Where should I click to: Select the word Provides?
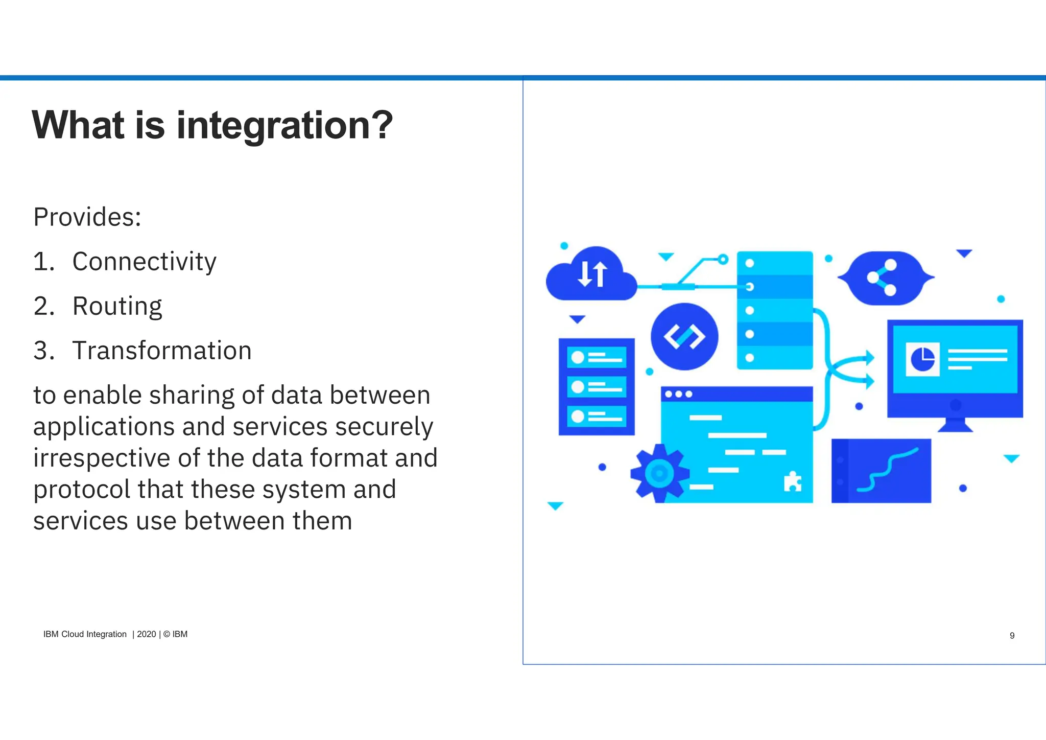pyautogui.click(x=86, y=217)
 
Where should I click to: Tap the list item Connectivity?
pyautogui.click(x=144, y=262)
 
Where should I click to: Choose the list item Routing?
pyautogui.click(x=117, y=306)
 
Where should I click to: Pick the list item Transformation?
pyautogui.click(x=162, y=351)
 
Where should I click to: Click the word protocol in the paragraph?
pyautogui.click(x=81, y=490)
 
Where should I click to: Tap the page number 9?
pyautogui.click(x=1012, y=635)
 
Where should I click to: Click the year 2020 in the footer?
pyautogui.click(x=146, y=634)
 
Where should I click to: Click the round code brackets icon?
pyautogui.click(x=684, y=336)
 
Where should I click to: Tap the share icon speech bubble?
pyautogui.click(x=885, y=278)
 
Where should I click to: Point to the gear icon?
pyautogui.click(x=659, y=473)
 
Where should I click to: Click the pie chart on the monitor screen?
pyautogui.click(x=922, y=359)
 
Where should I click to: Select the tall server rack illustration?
pyautogui.click(x=775, y=310)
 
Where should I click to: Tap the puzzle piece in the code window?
pyautogui.click(x=792, y=481)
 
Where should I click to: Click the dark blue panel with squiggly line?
pyautogui.click(x=881, y=471)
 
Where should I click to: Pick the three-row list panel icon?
pyautogui.click(x=597, y=387)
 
